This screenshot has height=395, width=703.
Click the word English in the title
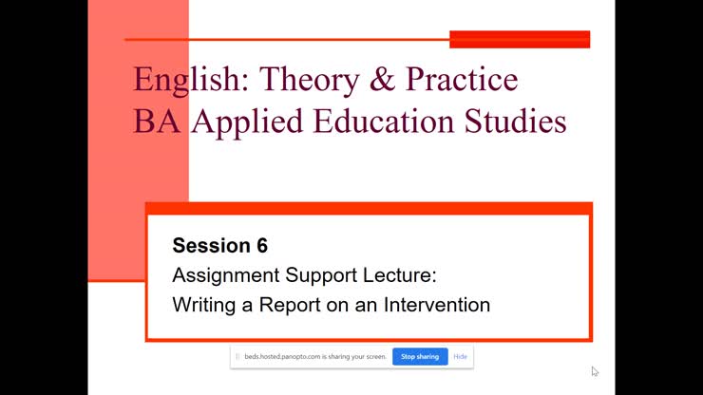coord(185,80)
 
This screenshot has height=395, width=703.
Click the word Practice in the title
coord(462,79)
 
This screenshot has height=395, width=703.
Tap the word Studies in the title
coord(517,122)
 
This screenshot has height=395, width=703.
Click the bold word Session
coord(211,246)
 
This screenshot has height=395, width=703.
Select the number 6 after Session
coord(262,246)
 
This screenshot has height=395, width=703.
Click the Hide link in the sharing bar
coord(460,357)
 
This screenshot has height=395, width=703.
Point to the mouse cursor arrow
coord(595,371)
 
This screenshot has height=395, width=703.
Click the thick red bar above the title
coord(520,39)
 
